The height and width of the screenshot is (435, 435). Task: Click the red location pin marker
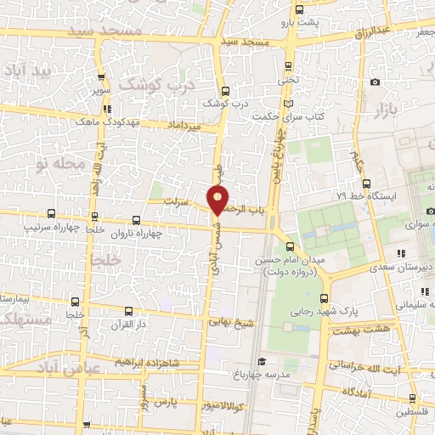coord(218,200)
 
